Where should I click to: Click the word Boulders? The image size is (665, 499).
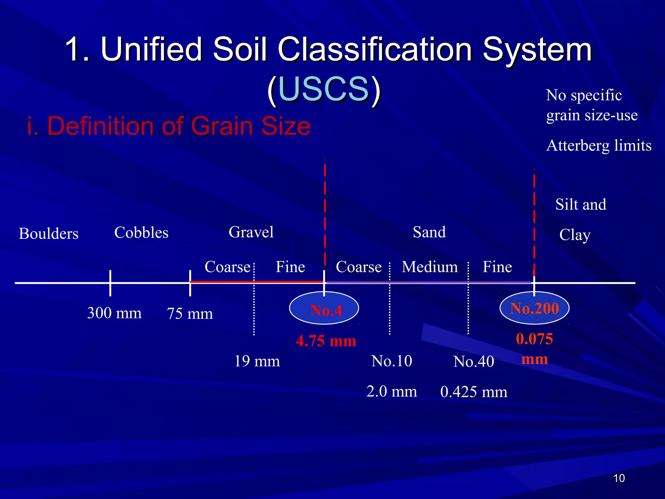tap(49, 234)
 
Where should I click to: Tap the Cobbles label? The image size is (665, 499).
tap(141, 233)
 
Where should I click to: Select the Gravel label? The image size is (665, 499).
tap(251, 232)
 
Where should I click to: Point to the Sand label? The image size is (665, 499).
tap(429, 232)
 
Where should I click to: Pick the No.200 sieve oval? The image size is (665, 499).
tap(534, 308)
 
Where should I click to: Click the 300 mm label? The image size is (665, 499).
tap(114, 313)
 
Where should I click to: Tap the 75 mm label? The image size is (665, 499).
tap(190, 313)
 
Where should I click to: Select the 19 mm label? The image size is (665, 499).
tap(257, 361)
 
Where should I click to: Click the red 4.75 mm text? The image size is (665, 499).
tap(326, 341)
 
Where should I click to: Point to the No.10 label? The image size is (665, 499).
tap(392, 361)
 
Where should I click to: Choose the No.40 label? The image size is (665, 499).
tap(473, 362)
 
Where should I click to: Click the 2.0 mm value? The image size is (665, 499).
tap(392, 391)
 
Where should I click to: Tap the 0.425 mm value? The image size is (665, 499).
tap(473, 392)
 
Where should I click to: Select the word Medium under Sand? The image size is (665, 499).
tap(430, 267)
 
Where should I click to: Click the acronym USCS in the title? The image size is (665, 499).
tap(324, 89)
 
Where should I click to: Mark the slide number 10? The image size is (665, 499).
tap(619, 478)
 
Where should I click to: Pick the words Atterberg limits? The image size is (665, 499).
tap(599, 146)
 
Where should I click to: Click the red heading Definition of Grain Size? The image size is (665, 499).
tap(169, 126)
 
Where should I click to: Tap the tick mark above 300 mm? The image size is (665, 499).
tap(110, 283)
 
